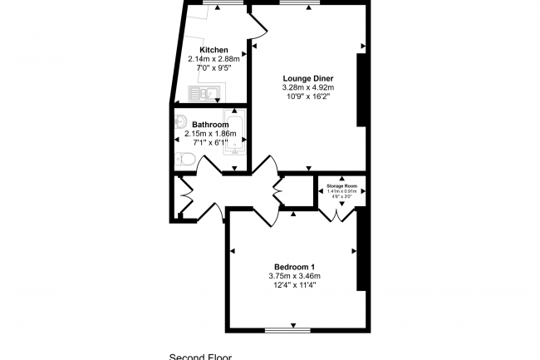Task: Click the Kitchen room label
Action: click(x=214, y=50)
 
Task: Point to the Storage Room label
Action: click(x=341, y=185)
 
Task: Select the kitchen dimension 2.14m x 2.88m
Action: click(x=214, y=59)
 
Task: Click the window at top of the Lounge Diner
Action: click(x=300, y=2)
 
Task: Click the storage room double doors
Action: click(x=337, y=214)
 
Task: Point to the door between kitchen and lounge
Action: click(x=257, y=30)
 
